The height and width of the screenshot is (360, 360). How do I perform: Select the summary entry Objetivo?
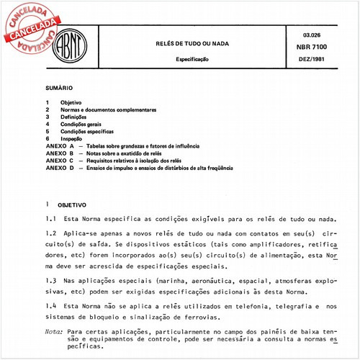[71, 103]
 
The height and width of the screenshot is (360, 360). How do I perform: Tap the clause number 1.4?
[51, 306]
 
